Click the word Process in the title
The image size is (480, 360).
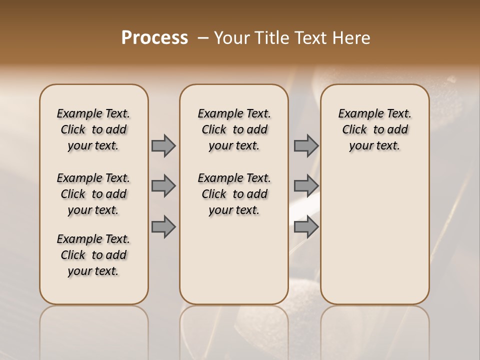pyautogui.click(x=154, y=38)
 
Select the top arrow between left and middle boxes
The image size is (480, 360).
pyautogui.click(x=163, y=145)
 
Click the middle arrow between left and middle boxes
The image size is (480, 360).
pyautogui.click(x=163, y=186)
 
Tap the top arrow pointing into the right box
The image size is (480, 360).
pyautogui.click(x=306, y=145)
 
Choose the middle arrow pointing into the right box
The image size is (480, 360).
pyautogui.click(x=306, y=186)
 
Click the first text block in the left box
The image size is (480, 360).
pyautogui.click(x=93, y=129)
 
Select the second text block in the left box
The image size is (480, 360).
pyautogui.click(x=93, y=194)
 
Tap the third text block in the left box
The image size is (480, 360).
pyautogui.click(x=93, y=255)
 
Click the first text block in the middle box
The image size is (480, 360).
pyautogui.click(x=234, y=129)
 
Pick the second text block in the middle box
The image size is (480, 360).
pyautogui.click(x=234, y=194)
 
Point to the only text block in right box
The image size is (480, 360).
pyautogui.click(x=374, y=129)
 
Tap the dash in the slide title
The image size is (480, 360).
pyautogui.click(x=203, y=38)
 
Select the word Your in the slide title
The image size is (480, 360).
pyautogui.click(x=231, y=38)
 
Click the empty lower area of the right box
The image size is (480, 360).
pyautogui.click(x=374, y=240)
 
